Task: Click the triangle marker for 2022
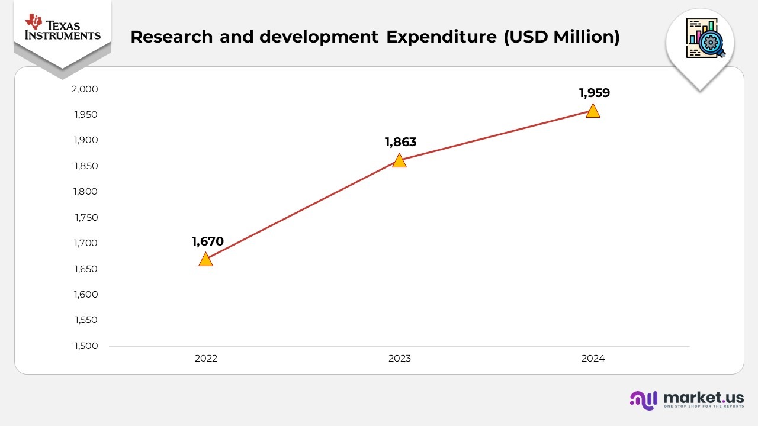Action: [x=205, y=260]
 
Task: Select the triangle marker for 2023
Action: [x=399, y=161]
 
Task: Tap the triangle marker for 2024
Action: [x=593, y=111]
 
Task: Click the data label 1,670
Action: [x=207, y=241]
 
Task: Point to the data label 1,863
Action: [x=400, y=142]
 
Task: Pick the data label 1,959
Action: [x=594, y=93]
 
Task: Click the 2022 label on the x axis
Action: [x=205, y=359]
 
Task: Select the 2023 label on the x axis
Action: [x=399, y=359]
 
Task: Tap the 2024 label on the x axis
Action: [x=593, y=359]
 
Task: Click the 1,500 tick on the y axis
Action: [x=86, y=346]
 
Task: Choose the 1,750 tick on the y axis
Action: [x=86, y=218]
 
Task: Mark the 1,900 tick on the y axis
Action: [x=86, y=140]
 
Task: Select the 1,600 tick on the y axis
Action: [x=86, y=295]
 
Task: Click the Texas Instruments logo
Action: [x=62, y=28]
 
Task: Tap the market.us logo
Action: [x=687, y=399]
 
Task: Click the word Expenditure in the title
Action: [x=441, y=37]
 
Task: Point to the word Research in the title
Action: [x=171, y=37]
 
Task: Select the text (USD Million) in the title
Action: [x=561, y=37]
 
